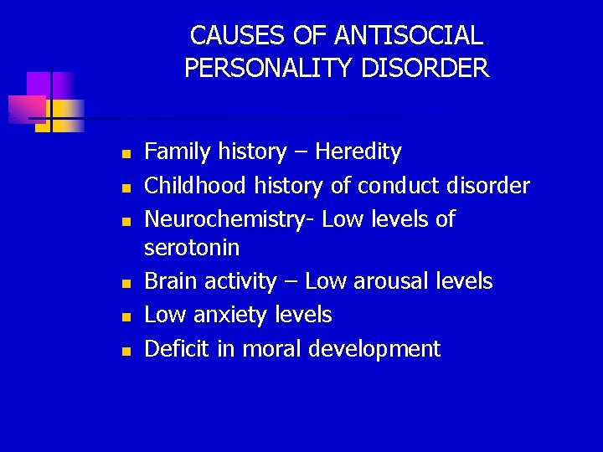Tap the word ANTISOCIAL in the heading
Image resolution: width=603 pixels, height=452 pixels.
click(x=408, y=36)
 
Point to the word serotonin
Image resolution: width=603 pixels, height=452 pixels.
click(x=192, y=248)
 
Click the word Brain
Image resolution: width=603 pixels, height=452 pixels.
click(x=168, y=281)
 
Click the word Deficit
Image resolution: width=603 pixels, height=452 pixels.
click(x=177, y=349)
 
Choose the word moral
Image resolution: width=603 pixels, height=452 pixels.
click(x=272, y=349)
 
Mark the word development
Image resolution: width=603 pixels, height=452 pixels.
click(x=374, y=349)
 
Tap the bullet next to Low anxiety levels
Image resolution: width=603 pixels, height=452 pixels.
click(x=124, y=318)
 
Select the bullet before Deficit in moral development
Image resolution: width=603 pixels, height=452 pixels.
click(x=124, y=352)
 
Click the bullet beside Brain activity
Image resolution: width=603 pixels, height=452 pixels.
click(x=124, y=284)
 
